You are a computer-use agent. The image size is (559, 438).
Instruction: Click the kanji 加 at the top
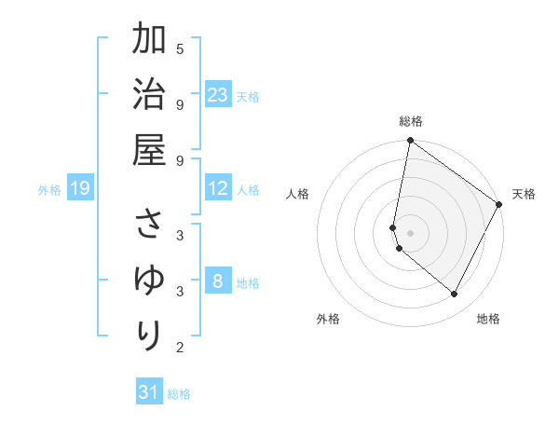point(149,41)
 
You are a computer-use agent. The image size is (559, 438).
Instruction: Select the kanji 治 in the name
point(149,95)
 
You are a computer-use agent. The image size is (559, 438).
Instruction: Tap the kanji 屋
point(149,150)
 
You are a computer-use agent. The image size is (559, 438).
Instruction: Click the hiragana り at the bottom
point(149,335)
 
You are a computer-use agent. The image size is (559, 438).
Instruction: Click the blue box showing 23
point(218,95)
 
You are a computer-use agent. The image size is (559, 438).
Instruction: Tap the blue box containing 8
point(218,282)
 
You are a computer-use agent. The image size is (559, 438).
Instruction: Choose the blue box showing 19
point(80,189)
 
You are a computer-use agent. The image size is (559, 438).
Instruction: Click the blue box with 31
point(149,392)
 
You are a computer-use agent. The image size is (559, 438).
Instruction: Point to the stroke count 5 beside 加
point(180,48)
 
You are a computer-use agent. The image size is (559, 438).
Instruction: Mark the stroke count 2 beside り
point(180,348)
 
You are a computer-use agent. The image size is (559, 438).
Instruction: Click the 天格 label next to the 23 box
point(248,96)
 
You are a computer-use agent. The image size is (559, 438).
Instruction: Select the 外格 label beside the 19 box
point(49,190)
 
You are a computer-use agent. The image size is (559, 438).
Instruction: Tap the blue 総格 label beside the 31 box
point(179,393)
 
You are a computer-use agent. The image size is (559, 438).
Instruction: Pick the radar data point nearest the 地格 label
point(455,294)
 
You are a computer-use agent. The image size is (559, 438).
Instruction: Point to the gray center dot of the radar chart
point(410,232)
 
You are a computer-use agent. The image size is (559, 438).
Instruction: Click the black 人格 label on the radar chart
point(298,194)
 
